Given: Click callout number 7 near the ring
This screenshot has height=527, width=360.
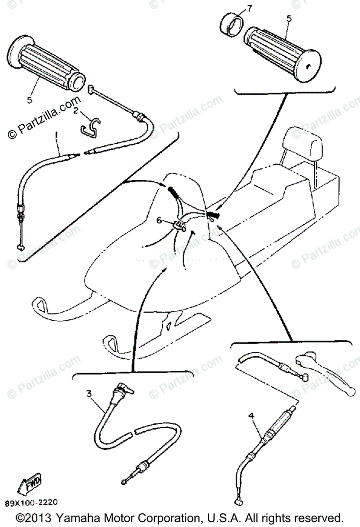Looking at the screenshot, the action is click(x=250, y=8).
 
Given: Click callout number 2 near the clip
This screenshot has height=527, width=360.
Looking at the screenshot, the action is click(x=76, y=112).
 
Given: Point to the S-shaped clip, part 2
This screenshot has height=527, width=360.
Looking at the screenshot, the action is click(x=91, y=126).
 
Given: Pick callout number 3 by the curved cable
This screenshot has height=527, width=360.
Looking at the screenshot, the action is click(x=89, y=394).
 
